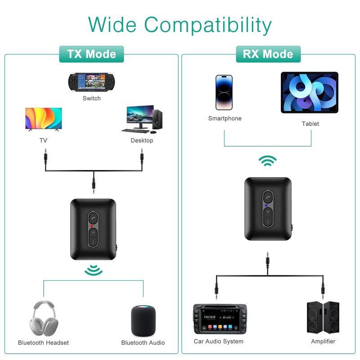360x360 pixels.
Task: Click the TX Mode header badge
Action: tap(91, 54)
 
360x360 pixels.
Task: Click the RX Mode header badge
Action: tap(268, 54)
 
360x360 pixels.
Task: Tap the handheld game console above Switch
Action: tap(91, 82)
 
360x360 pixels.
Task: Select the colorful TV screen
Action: tap(44, 119)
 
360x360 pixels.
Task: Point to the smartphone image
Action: tap(224, 93)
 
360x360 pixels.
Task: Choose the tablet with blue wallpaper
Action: tap(310, 93)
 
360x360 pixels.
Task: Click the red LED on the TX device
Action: tap(92, 226)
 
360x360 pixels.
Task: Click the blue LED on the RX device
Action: tap(266, 206)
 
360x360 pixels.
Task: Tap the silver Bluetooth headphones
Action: tap(44, 319)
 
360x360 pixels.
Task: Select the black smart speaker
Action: tap(143, 321)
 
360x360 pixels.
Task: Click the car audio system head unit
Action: tap(220, 319)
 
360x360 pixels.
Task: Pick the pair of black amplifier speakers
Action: tap(323, 318)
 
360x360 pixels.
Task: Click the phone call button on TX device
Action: tap(93, 218)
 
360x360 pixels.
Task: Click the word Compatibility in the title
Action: tap(208, 25)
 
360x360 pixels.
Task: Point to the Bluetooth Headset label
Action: tap(43, 343)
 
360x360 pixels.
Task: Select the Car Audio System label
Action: tap(219, 342)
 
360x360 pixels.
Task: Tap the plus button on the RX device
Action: tap(268, 211)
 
